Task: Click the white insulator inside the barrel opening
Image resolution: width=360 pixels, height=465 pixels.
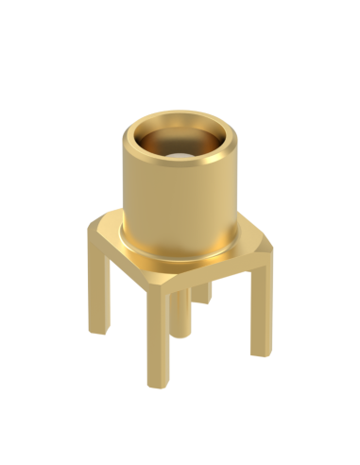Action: click(180, 150)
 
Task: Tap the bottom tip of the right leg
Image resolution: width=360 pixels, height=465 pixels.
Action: click(260, 352)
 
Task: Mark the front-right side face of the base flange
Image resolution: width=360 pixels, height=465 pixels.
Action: click(217, 274)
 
